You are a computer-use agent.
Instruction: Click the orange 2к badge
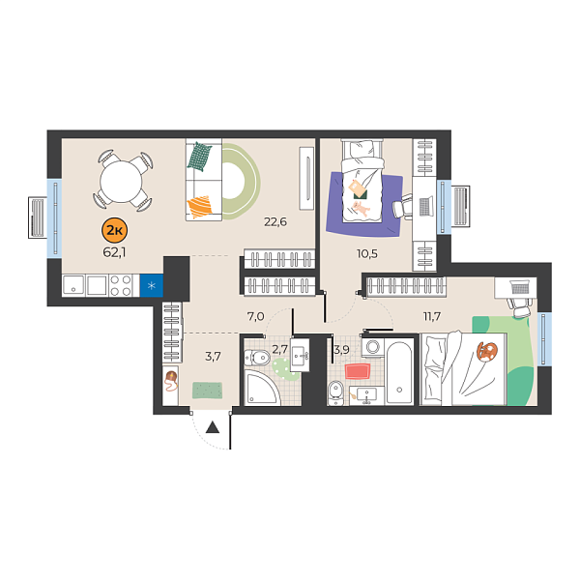click(x=113, y=229)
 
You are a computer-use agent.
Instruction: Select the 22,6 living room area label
click(x=276, y=221)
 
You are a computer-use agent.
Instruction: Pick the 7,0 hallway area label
click(x=255, y=315)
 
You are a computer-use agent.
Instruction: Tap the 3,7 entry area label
click(x=215, y=356)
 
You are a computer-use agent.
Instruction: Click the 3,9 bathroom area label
click(x=341, y=349)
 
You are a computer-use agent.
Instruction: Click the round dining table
click(x=123, y=179)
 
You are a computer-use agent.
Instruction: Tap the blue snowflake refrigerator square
click(x=152, y=286)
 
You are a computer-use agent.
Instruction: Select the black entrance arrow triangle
click(x=213, y=426)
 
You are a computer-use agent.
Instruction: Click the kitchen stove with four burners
click(x=122, y=285)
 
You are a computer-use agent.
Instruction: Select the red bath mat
click(x=358, y=371)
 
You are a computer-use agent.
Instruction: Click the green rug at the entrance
click(x=208, y=390)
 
